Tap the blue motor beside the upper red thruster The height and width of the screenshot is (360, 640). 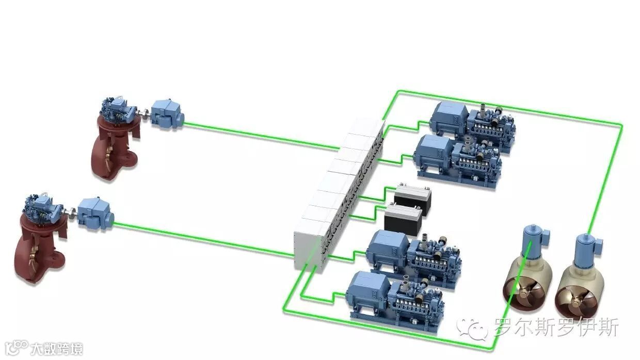point(167,114)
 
